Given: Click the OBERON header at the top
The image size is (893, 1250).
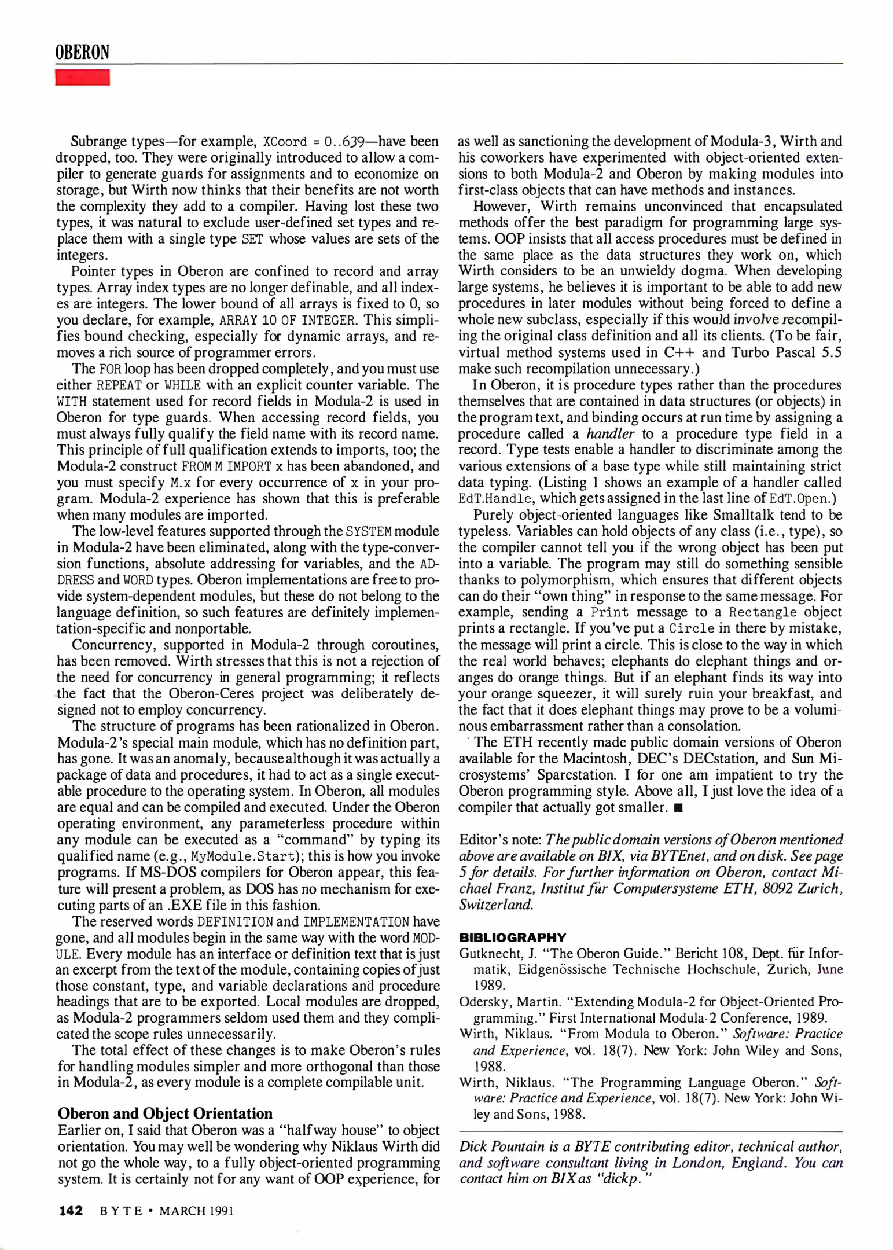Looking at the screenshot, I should click(82, 53).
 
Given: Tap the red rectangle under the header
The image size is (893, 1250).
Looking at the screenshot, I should click(82, 78).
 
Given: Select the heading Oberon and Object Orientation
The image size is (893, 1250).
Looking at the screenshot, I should click(165, 1113).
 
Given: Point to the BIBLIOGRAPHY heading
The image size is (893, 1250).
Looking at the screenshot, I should click(512, 937).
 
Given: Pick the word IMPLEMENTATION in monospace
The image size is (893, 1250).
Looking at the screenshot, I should click(357, 921).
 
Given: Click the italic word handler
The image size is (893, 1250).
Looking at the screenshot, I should click(610, 434).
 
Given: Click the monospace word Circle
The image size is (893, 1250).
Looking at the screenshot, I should click(692, 628).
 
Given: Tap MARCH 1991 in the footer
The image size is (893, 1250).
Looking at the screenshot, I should click(196, 1211).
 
